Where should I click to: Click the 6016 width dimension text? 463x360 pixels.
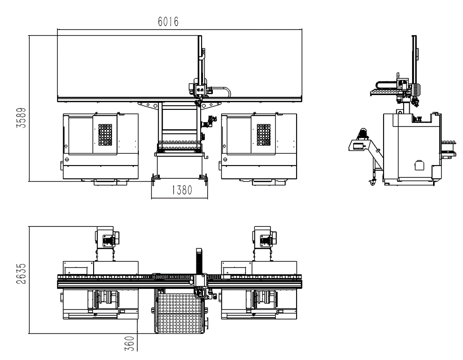pyautogui.click(x=168, y=21)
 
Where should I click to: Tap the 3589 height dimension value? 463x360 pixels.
pyautogui.click(x=21, y=118)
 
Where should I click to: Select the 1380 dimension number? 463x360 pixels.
pyautogui.click(x=182, y=190)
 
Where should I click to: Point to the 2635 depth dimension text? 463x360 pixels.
pyautogui.click(x=21, y=274)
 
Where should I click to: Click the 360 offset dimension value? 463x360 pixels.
pyautogui.click(x=130, y=343)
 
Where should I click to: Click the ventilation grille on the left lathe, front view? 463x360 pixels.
pyautogui.click(x=105, y=135)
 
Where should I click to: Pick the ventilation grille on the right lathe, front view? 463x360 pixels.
pyautogui.click(x=264, y=135)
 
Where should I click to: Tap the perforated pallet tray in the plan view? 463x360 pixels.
pyautogui.click(x=180, y=313)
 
